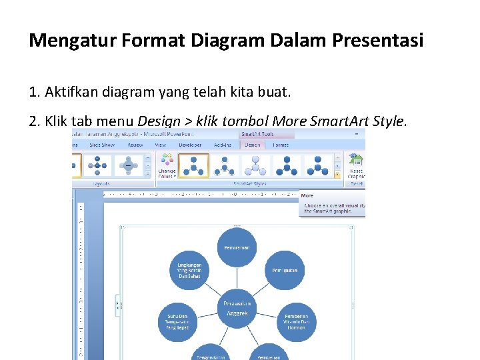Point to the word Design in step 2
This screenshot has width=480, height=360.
click(158, 121)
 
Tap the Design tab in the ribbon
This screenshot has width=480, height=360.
click(252, 144)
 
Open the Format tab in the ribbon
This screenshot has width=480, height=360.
click(281, 144)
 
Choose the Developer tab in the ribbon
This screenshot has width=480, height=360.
click(189, 144)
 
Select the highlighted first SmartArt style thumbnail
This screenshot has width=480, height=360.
click(193, 165)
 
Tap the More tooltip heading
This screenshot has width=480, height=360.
click(307, 195)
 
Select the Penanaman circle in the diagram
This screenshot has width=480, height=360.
click(237, 247)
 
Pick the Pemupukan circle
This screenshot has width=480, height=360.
click(285, 271)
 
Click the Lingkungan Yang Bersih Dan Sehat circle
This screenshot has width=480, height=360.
click(189, 271)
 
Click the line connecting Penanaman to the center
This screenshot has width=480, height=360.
click(237, 278)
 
